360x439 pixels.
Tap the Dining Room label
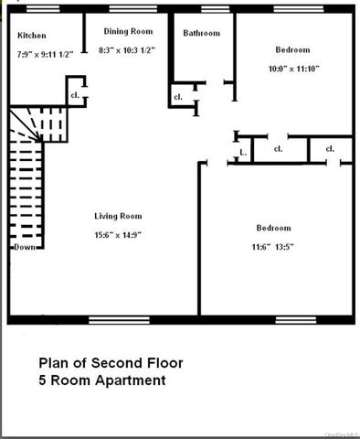[x=127, y=30]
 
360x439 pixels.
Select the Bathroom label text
[x=201, y=34]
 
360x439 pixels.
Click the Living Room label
[x=118, y=217]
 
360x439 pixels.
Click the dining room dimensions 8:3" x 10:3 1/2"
[x=127, y=49]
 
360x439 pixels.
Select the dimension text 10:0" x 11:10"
[x=291, y=70]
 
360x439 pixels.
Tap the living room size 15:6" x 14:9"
[x=118, y=234]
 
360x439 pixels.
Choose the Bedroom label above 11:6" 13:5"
[x=273, y=228]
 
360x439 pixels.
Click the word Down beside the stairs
[x=24, y=247]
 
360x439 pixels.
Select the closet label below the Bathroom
[x=177, y=96]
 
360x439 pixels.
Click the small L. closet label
[x=242, y=153]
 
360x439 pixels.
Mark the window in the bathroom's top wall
[x=215, y=10]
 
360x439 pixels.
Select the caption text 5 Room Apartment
[x=101, y=380]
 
